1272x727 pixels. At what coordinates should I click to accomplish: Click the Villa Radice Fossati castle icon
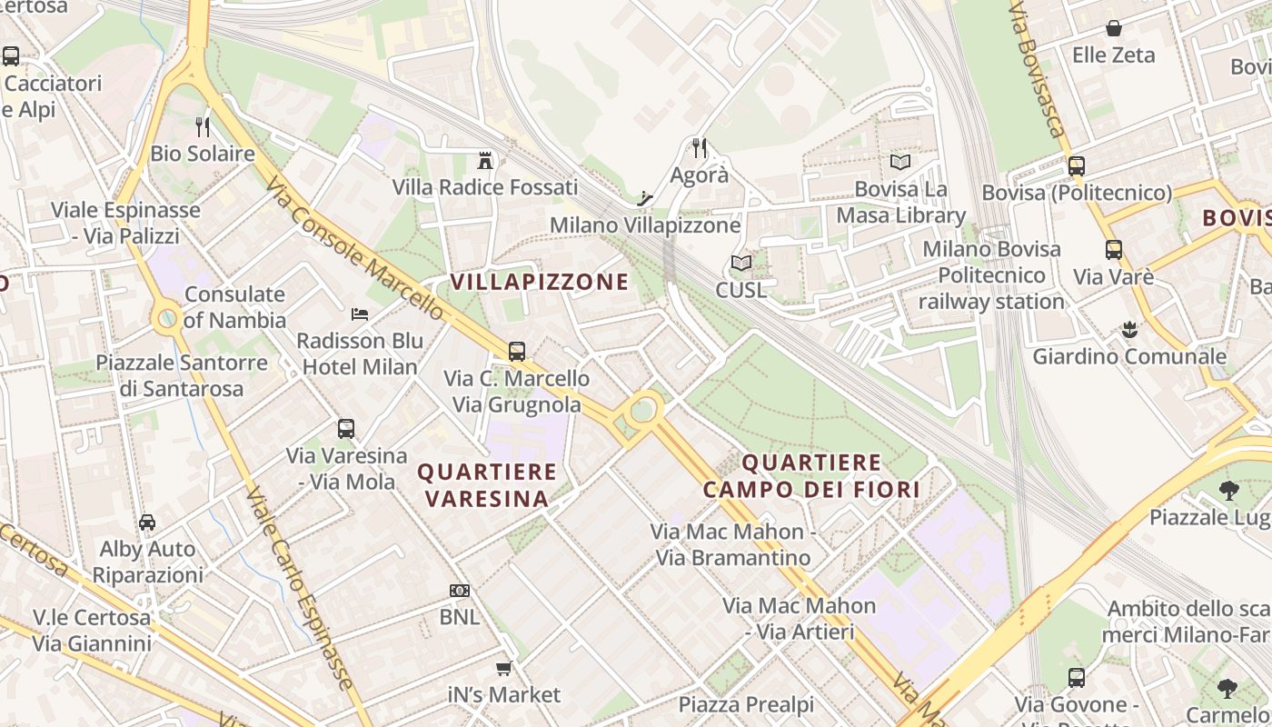click(x=485, y=161)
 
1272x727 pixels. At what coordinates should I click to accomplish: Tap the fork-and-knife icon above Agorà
click(x=699, y=147)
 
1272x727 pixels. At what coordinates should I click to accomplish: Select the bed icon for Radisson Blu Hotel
click(x=360, y=314)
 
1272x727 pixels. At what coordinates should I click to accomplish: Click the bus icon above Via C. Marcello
click(x=516, y=351)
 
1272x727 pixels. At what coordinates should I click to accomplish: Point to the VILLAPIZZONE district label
click(x=540, y=282)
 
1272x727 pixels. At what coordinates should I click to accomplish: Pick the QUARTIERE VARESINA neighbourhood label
click(x=486, y=484)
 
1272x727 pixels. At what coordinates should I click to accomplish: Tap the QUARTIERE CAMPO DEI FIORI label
click(x=811, y=476)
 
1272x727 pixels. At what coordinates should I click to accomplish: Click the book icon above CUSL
click(x=741, y=264)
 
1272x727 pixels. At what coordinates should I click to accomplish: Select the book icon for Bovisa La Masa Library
click(x=899, y=162)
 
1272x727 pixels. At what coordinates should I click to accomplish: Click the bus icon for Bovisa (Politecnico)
click(x=1076, y=165)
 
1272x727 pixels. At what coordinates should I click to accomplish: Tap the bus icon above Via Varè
click(x=1113, y=250)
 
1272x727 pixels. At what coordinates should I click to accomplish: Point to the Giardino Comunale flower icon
click(x=1128, y=329)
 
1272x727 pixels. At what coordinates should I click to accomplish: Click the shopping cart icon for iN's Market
click(x=503, y=669)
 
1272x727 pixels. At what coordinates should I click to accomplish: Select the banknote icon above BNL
click(x=460, y=591)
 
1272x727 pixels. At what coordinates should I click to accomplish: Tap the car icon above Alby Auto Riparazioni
click(x=147, y=523)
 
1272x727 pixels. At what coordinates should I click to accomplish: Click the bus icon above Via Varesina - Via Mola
click(x=345, y=428)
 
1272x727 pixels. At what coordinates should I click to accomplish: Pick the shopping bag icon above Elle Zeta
click(x=1113, y=28)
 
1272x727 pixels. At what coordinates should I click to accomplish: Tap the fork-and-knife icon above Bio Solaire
click(x=203, y=126)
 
